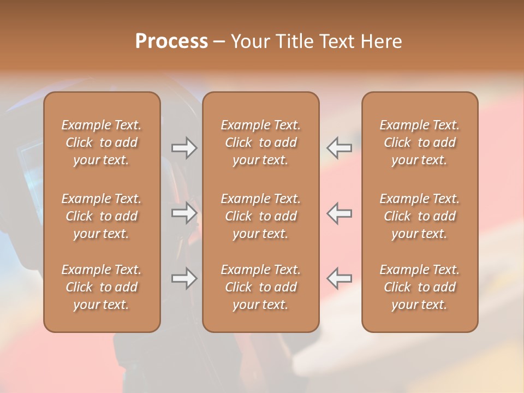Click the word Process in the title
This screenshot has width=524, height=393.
(171, 41)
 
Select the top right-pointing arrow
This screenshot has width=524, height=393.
(184, 148)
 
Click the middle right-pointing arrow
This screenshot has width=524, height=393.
(184, 212)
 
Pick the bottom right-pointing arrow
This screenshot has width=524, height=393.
(184, 278)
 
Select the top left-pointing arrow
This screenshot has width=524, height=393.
(339, 148)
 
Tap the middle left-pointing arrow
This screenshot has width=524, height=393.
(339, 212)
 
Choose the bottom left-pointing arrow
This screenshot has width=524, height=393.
(339, 278)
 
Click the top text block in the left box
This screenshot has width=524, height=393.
(102, 142)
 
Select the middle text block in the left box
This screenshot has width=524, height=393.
(102, 216)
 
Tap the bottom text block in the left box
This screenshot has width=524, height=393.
(102, 287)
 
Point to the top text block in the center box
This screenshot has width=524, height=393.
(260, 142)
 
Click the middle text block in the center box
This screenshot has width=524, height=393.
(260, 216)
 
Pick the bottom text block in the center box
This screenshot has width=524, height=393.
(260, 287)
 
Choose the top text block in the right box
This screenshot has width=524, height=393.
(419, 142)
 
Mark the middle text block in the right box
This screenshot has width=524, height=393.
(419, 216)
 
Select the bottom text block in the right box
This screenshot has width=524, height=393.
(419, 287)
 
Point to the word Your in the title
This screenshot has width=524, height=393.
(251, 41)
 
